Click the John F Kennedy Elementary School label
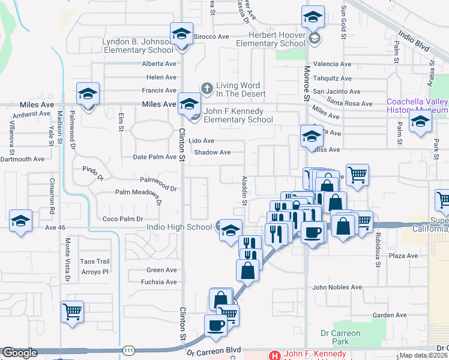pyautogui.click(x=238, y=115)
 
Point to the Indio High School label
pyautogui.click(x=179, y=227)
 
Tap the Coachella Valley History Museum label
pyautogui.click(x=417, y=106)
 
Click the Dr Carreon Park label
pyautogui.click(x=340, y=337)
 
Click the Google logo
pyautogui.click(x=19, y=353)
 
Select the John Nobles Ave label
pyautogui.click(x=337, y=287)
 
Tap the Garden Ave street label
pyautogui.click(x=385, y=315)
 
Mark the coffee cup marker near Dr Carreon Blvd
pyautogui.click(x=215, y=325)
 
